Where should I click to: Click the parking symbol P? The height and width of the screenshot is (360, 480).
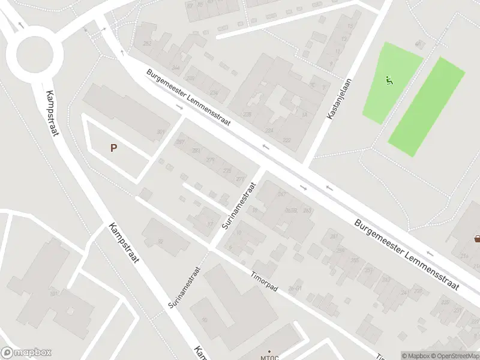point(113,147)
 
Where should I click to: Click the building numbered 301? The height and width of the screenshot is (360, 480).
point(160,132)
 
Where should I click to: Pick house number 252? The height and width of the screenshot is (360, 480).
point(147,43)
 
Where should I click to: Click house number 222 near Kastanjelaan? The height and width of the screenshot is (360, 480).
point(287,140)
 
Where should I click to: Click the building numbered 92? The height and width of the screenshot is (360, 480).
point(160,241)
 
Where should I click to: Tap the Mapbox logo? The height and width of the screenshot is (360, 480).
point(26,353)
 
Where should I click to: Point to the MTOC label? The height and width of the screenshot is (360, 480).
point(269,356)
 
